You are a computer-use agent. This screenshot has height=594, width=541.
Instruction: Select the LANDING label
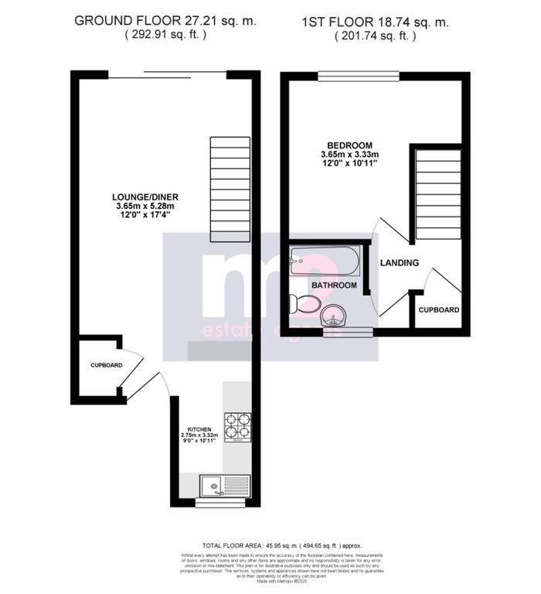click(399, 263)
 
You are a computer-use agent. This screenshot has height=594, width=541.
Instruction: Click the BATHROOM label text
click(333, 285)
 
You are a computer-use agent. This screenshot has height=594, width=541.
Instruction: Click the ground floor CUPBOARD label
click(106, 365)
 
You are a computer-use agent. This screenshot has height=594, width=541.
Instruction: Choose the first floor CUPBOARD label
click(439, 310)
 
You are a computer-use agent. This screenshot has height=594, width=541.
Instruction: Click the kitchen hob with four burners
click(238, 426)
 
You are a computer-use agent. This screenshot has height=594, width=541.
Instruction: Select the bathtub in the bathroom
click(325, 261)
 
